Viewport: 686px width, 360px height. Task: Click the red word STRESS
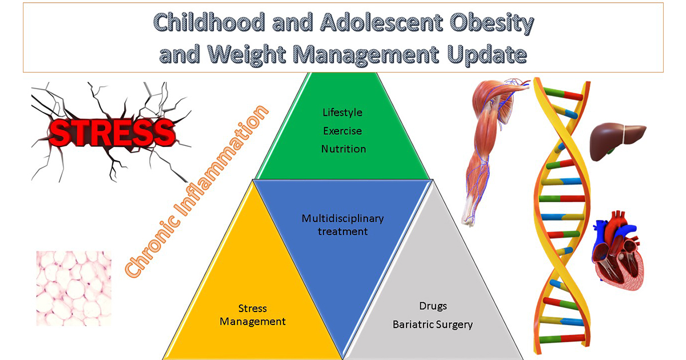click(112, 132)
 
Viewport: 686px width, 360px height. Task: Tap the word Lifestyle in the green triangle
click(342, 113)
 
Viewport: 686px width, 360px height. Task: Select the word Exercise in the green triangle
click(342, 131)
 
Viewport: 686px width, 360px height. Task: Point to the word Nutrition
click(344, 149)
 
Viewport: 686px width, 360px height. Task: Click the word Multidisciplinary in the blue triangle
click(342, 219)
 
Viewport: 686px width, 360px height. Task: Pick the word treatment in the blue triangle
click(342, 232)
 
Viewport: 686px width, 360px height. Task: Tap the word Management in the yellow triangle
click(253, 322)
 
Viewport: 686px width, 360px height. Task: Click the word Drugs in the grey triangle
click(433, 306)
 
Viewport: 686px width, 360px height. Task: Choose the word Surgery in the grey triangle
click(453, 325)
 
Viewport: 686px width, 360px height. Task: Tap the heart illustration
click(617, 250)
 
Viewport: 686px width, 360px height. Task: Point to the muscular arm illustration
click(494, 151)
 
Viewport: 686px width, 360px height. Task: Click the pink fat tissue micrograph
click(74, 289)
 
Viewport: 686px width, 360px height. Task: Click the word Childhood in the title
click(209, 22)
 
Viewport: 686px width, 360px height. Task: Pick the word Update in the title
click(486, 55)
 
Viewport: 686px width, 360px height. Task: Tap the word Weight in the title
click(247, 55)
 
